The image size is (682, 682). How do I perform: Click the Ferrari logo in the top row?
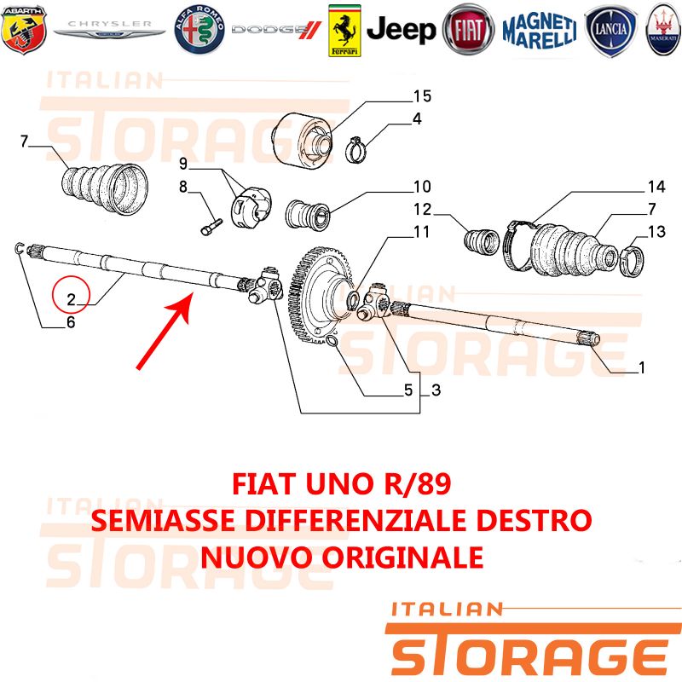pyautogui.click(x=344, y=31)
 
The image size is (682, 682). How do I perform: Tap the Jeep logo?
pyautogui.click(x=401, y=30)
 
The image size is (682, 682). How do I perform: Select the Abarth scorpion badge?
pyautogui.click(x=24, y=30)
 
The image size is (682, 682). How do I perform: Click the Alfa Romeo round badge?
pyautogui.click(x=199, y=30)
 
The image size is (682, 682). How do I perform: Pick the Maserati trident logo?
pyautogui.click(x=664, y=29)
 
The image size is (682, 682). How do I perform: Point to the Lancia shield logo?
pyautogui.click(x=610, y=31)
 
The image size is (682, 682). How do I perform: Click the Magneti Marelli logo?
pyautogui.click(x=540, y=31)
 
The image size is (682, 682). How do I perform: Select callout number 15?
pyautogui.click(x=422, y=96)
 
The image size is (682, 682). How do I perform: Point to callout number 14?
pyautogui.click(x=656, y=187)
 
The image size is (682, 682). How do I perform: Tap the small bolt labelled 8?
pyautogui.click(x=211, y=227)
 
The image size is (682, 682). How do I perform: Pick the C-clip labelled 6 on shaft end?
pyautogui.click(x=19, y=248)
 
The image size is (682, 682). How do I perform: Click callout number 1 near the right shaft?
pyautogui.click(x=641, y=367)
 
